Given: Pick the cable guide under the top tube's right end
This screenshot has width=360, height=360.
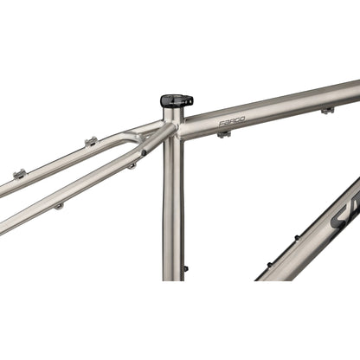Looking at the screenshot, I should (327, 110).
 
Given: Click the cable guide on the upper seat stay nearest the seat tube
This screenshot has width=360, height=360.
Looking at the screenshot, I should (89, 141).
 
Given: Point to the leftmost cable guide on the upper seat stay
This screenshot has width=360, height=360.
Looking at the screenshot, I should (19, 174).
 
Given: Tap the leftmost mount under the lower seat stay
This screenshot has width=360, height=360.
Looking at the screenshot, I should (59, 206).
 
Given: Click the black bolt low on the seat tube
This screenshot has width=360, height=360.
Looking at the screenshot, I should (185, 268).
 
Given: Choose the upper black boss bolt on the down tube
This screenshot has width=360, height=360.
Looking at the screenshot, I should (297, 235).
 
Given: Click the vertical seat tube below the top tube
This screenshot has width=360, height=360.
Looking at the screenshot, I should (173, 208).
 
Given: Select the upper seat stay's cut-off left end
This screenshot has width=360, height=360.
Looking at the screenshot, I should (3, 184).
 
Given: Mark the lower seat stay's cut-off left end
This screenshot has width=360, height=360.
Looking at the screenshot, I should (3, 227).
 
